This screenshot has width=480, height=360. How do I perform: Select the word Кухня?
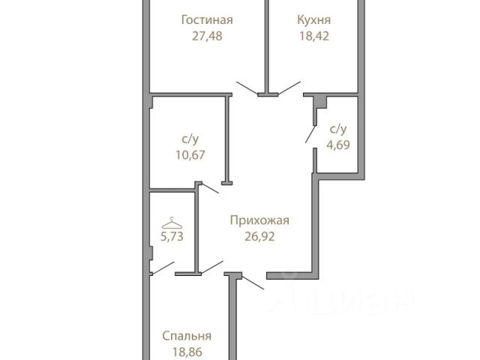pyautogui.click(x=313, y=20)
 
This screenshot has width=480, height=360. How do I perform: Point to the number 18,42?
pyautogui.click(x=313, y=35)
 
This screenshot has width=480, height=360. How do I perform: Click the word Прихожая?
pyautogui.click(x=259, y=220)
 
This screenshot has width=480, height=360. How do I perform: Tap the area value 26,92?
pyautogui.click(x=259, y=236)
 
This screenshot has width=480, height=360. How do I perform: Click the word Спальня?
pyautogui.click(x=187, y=336)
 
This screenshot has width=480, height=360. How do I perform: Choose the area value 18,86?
pyautogui.click(x=187, y=351)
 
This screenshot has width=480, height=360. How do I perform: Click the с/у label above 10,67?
pyautogui.click(x=189, y=139)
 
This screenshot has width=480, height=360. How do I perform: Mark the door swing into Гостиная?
pyautogui.click(x=247, y=88)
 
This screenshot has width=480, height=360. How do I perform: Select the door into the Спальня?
pyautogui.click(x=252, y=282)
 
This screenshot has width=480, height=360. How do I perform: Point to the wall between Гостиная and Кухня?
pyautogui.click(x=266, y=45)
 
